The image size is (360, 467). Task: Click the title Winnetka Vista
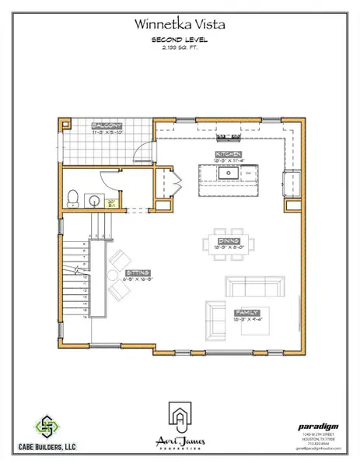click(180, 25)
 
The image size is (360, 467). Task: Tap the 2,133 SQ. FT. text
click(180, 47)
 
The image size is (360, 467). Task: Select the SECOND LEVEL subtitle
click(180, 39)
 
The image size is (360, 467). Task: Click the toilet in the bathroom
click(72, 198)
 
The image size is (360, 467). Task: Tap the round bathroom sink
click(93, 199)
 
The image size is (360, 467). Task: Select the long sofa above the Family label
click(253, 285)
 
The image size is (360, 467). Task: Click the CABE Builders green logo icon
click(50, 427)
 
